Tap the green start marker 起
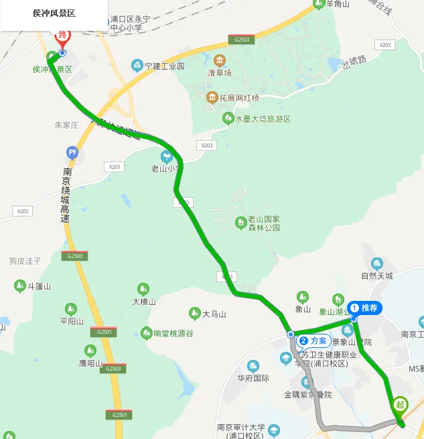[400, 405]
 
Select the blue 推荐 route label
[366, 308]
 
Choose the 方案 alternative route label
[312, 340]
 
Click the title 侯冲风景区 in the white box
[54, 13]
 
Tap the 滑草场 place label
[219, 72]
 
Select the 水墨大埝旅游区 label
[262, 119]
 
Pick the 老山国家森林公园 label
[263, 224]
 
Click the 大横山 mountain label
[143, 302]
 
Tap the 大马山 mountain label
[214, 314]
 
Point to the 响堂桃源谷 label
[173, 333]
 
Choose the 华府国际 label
[253, 378]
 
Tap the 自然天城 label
[376, 275]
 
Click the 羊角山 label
[338, 4]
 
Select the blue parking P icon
[72, 153]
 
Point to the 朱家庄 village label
[66, 125]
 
